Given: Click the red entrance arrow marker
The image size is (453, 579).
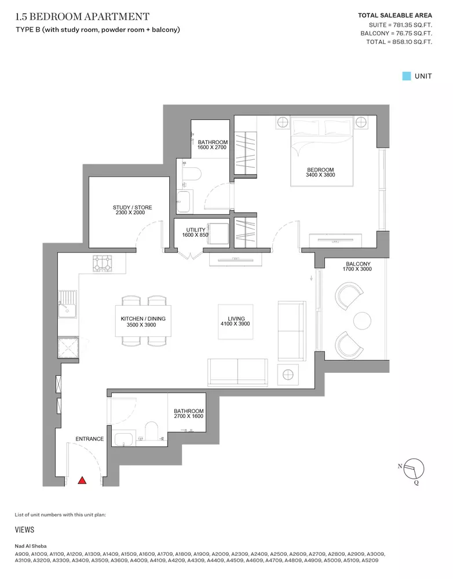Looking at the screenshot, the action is point(82,480).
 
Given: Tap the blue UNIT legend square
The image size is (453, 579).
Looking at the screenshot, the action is point(407,76).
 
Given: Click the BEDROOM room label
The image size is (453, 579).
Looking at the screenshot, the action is point(320,170).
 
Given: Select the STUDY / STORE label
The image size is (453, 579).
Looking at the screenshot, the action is point(132,207).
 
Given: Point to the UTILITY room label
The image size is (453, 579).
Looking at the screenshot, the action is point(195,230).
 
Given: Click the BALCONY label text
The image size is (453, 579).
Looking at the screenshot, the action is point(358,264).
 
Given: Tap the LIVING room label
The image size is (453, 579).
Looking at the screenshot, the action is point(236,318).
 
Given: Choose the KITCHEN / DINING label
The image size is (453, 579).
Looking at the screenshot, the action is point(143,318).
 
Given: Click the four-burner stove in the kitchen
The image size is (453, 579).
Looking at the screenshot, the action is point(103,263).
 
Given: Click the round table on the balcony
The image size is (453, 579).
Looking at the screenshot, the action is point(362,321).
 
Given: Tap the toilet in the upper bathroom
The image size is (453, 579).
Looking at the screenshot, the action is point(192,174).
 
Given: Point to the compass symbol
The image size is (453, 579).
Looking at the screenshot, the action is point(414,469).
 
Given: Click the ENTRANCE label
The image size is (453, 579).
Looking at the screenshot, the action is point(89,439).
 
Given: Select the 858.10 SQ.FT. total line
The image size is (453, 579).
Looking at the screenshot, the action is point(399,42).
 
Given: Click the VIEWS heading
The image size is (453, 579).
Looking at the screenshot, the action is point(24,530).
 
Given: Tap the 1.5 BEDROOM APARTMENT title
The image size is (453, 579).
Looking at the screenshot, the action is point(82,17).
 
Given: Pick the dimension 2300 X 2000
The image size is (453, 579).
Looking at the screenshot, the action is point(130,212).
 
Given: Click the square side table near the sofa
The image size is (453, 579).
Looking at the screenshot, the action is point(288,375).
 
